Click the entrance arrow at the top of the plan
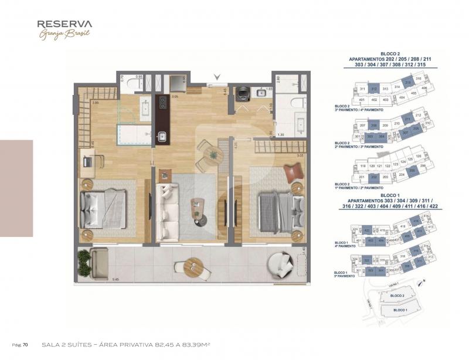click(217, 77)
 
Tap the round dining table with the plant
click(209, 154)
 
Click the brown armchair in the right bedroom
click(293, 174)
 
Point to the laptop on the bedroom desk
click(87, 159)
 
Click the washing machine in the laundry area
click(243, 93)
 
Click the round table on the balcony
click(193, 269)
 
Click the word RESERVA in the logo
click(64, 24)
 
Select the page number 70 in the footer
click(26, 344)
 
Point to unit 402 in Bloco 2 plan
click(374, 100)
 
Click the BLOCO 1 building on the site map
click(400, 309)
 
